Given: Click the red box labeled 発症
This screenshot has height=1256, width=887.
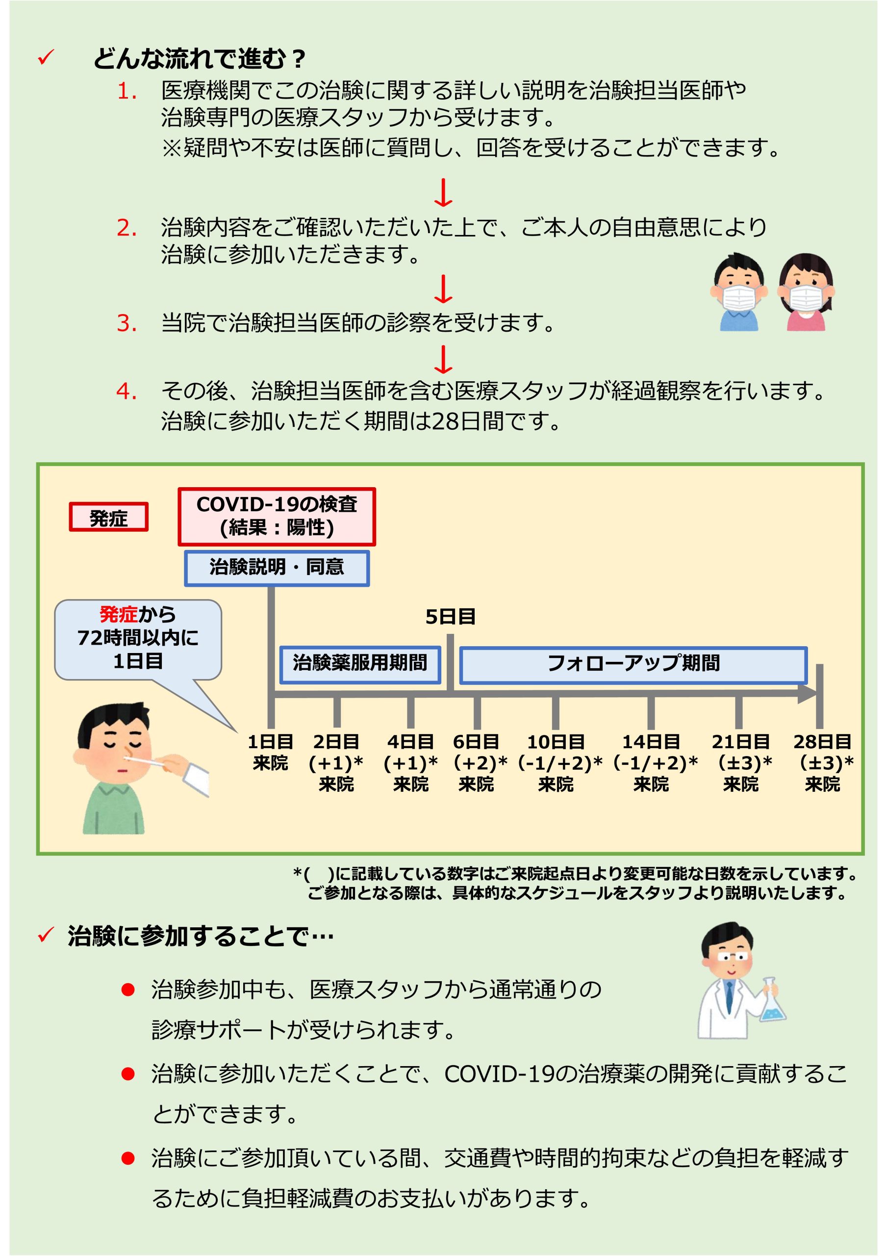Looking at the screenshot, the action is tap(108, 517).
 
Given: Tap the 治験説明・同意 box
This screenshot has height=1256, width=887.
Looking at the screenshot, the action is tap(277, 568).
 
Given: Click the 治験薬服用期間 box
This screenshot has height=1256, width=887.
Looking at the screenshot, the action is tap(360, 665).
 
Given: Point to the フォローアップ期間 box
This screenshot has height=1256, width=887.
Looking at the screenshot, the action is tap(634, 665).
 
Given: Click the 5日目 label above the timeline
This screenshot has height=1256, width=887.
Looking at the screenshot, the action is tap(450, 617).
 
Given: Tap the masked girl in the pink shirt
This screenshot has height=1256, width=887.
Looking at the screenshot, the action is tap(806, 291).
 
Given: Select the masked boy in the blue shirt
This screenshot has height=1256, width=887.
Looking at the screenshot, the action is tap(739, 291).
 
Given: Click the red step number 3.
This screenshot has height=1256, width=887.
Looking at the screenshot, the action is tap(127, 323).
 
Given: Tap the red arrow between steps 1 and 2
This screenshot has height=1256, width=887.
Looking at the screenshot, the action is tap(443, 192).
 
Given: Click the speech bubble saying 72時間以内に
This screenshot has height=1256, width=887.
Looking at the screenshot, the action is tap(138, 639).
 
